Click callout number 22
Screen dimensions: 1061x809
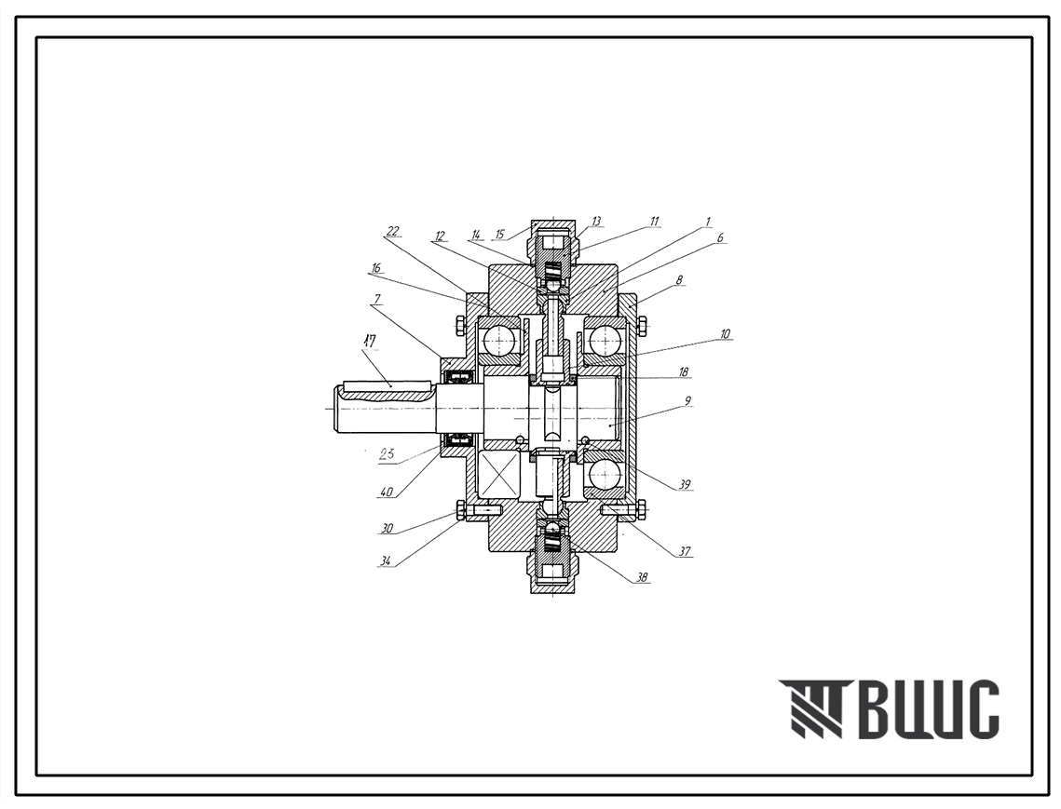pos(393,232)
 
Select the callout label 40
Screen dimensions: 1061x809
pos(387,492)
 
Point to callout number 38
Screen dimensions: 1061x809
pos(642,578)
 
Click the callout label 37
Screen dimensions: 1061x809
pos(685,552)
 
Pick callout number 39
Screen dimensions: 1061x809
pos(685,485)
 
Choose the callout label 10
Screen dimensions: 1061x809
pos(725,333)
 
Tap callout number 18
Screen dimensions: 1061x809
pos(684,372)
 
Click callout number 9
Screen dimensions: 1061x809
pos(687,400)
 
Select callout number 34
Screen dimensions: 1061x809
pos(387,560)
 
